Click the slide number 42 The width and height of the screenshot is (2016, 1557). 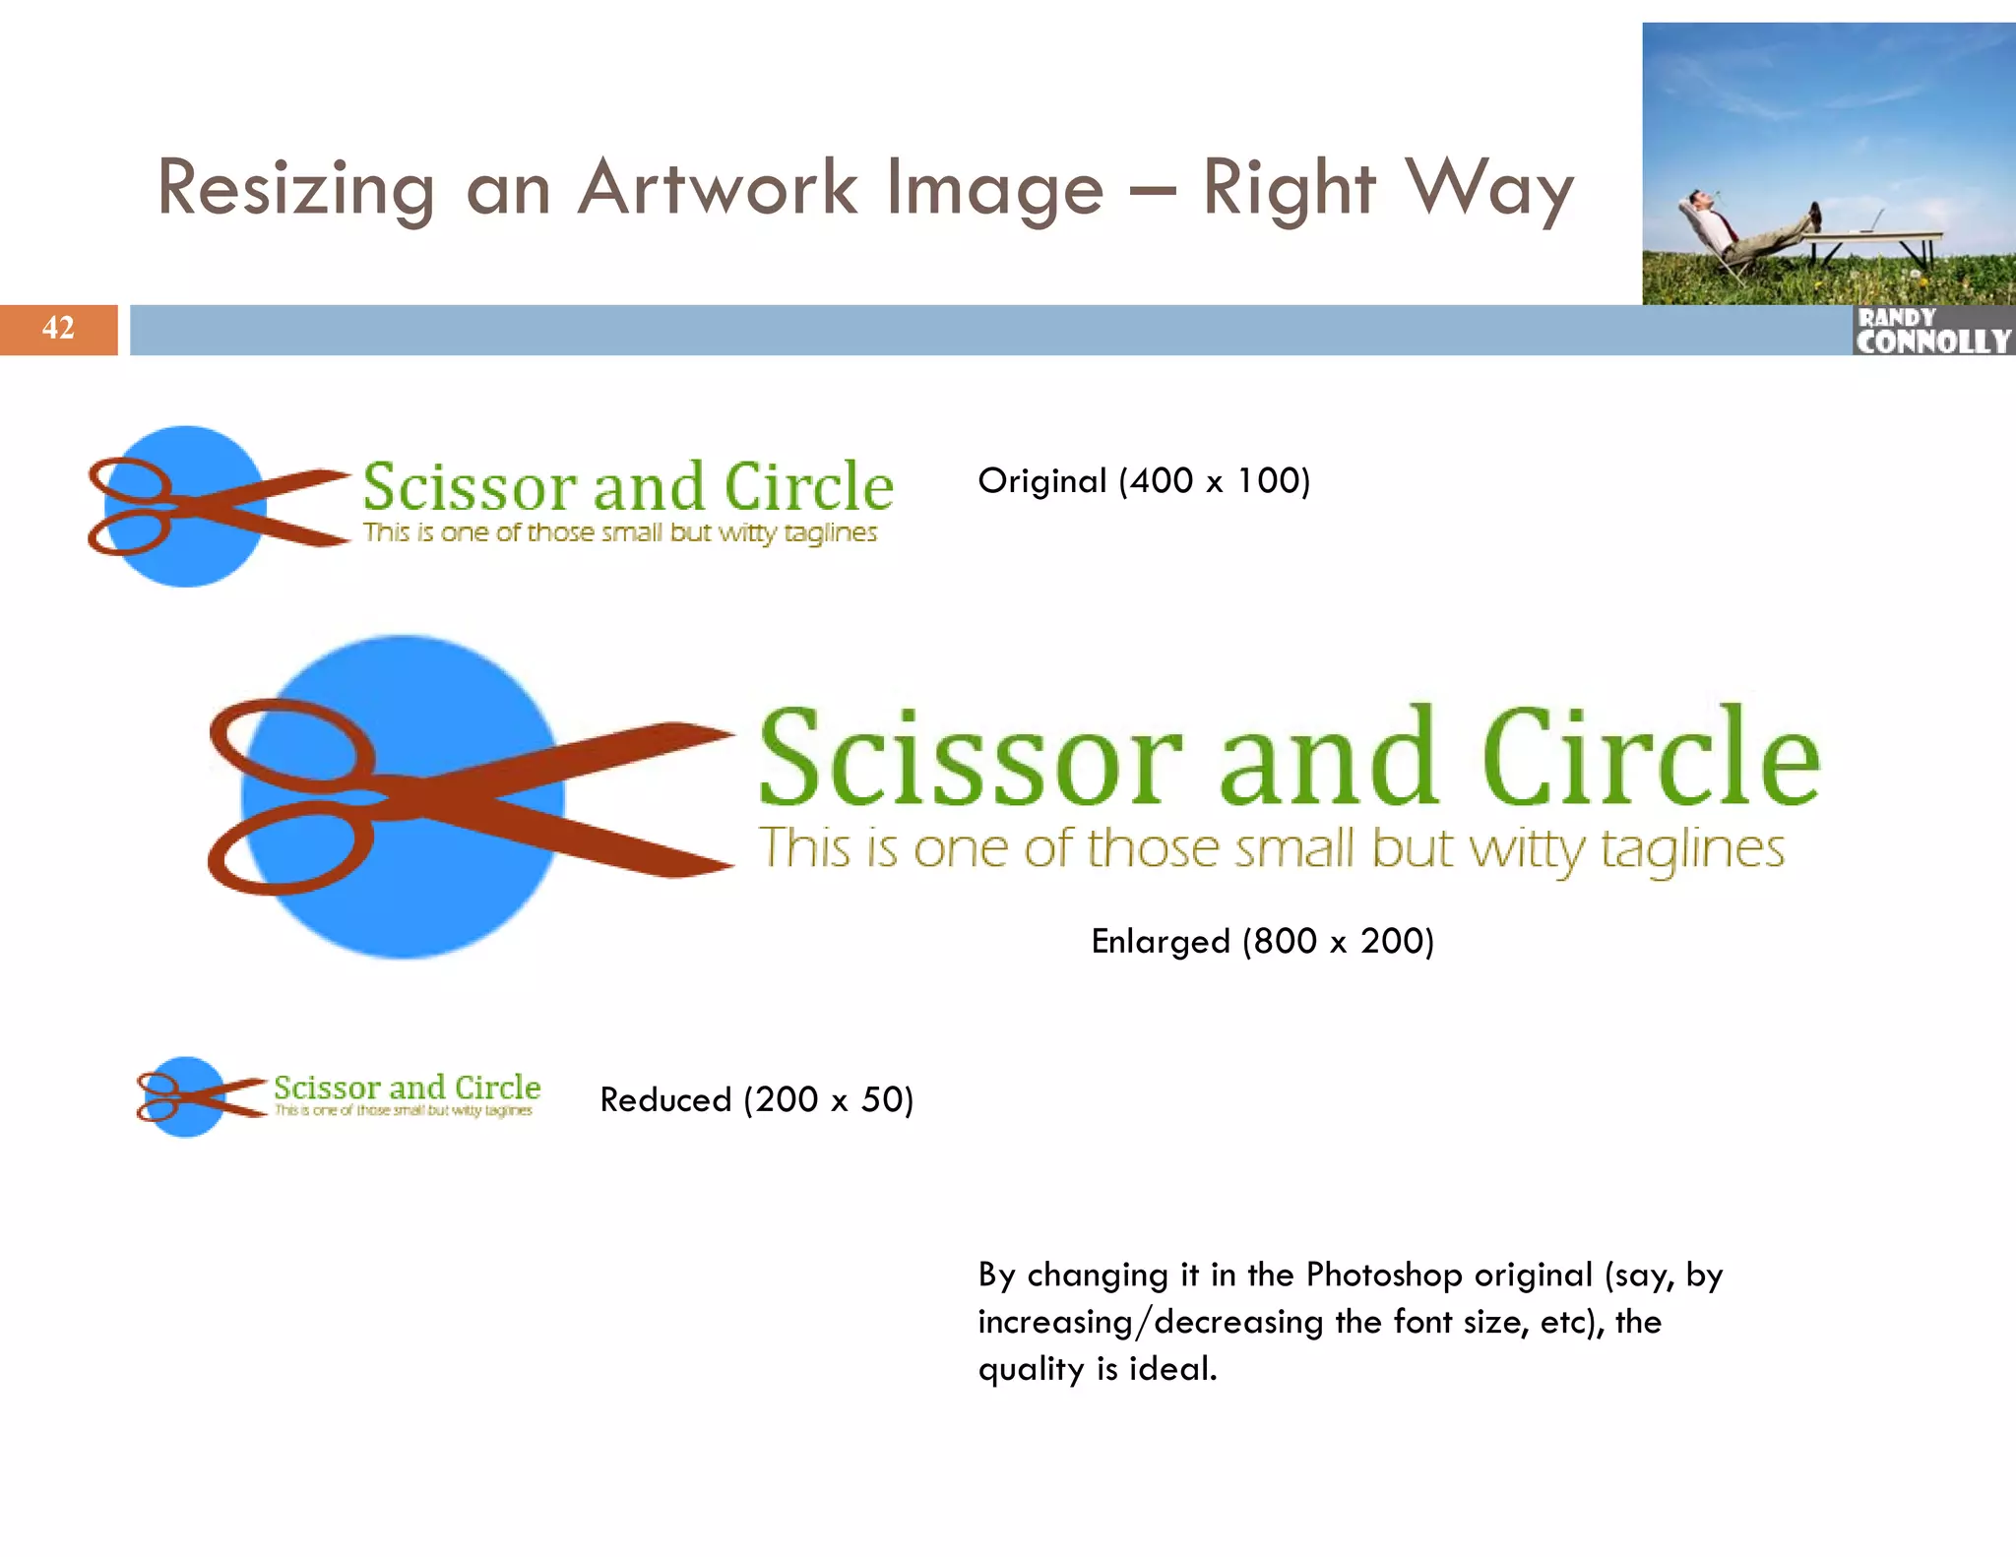(x=58, y=328)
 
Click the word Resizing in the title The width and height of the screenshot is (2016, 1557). (x=295, y=188)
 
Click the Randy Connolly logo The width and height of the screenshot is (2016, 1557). (x=1933, y=331)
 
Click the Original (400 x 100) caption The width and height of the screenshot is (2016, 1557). (x=1144, y=481)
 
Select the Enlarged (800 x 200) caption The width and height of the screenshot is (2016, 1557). (x=1262, y=942)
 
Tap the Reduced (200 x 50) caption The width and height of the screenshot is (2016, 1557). (x=757, y=1099)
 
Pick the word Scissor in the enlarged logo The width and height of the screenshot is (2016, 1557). (x=971, y=758)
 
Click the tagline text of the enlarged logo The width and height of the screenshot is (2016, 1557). (x=1271, y=848)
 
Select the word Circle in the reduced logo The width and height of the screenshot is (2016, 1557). (x=497, y=1088)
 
